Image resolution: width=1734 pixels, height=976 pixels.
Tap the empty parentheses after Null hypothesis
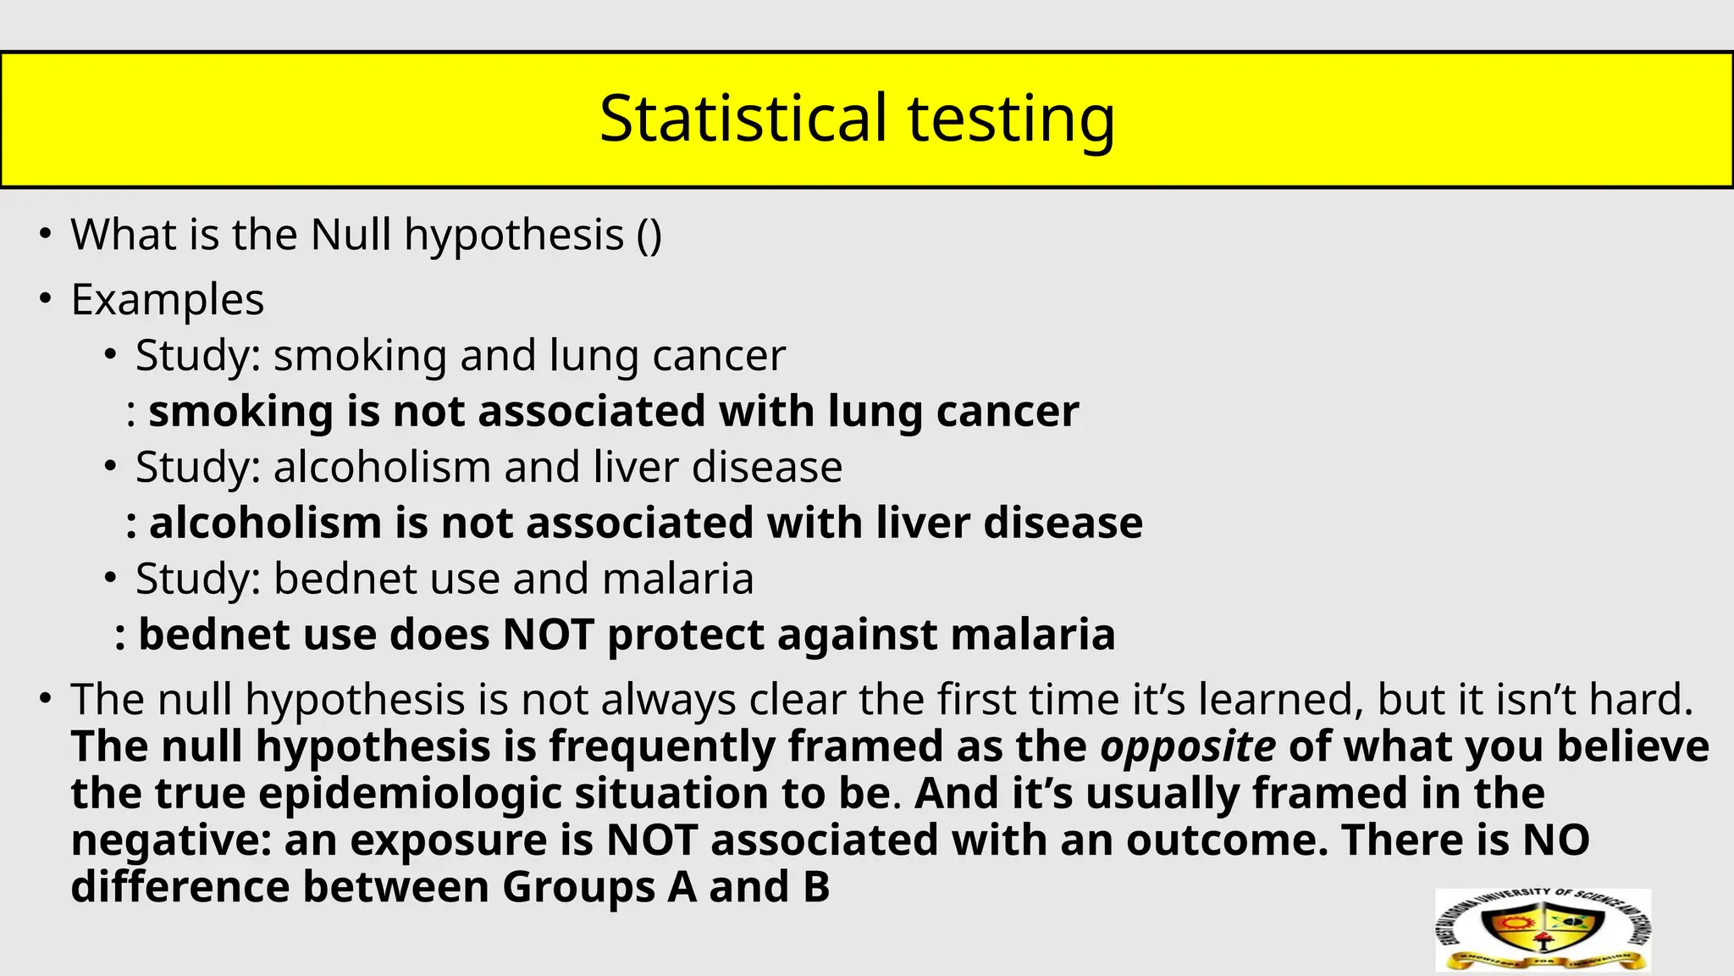click(x=649, y=236)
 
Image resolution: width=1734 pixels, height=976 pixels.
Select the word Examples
click(x=168, y=300)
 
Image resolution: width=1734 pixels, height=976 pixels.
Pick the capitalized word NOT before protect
click(x=548, y=635)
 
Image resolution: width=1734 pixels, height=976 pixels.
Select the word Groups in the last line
click(x=577, y=887)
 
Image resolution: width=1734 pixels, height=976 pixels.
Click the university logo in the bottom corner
click(x=1543, y=930)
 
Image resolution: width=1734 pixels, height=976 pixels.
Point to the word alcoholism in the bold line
click(x=265, y=524)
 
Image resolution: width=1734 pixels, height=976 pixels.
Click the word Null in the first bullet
click(x=351, y=235)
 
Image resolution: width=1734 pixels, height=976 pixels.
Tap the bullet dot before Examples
click(x=46, y=298)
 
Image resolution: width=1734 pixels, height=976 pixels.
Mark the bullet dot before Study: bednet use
click(x=110, y=578)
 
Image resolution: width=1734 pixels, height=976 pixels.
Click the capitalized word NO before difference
click(x=1555, y=840)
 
